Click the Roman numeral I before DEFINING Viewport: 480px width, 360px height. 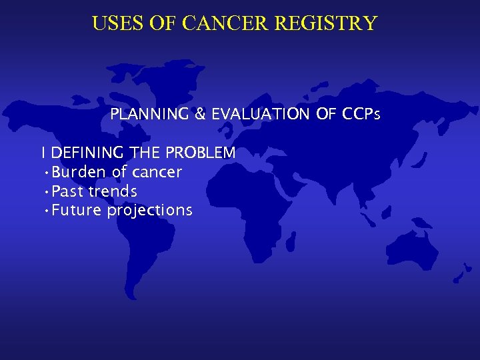pos(43,153)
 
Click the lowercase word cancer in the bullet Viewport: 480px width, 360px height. pos(157,173)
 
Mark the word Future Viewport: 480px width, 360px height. pos(77,211)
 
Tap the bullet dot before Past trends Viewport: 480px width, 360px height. pos(45,192)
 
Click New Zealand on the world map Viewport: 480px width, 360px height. pos(459,273)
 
